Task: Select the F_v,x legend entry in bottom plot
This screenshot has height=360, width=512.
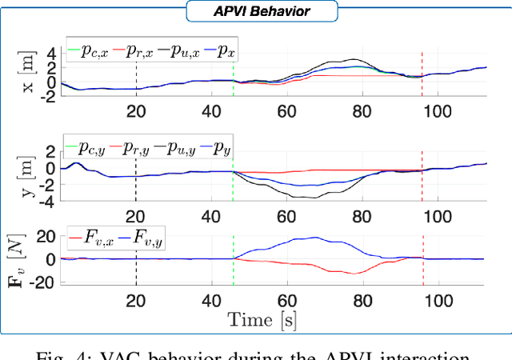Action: (x=97, y=238)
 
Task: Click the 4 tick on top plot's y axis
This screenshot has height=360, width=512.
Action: (x=50, y=53)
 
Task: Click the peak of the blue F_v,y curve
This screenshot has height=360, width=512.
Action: (x=316, y=237)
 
